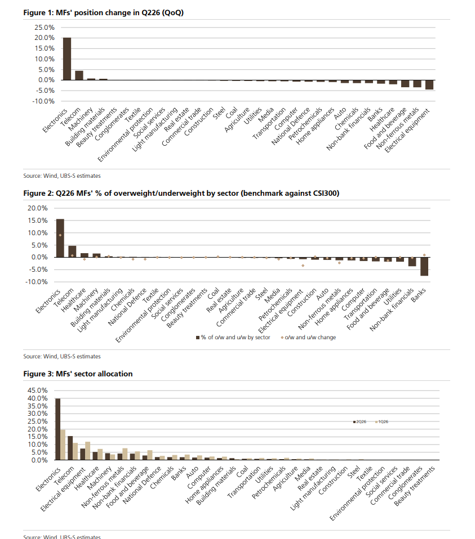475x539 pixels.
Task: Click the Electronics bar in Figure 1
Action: point(67,59)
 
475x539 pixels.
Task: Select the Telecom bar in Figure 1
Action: point(79,75)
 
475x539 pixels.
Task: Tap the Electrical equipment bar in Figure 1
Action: point(429,84)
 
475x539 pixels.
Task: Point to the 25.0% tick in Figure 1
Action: point(44,28)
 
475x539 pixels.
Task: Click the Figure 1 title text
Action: point(103,13)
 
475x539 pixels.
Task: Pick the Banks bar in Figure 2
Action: point(424,267)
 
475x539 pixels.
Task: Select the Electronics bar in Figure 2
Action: point(60,238)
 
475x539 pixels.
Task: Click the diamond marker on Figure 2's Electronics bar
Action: point(60,235)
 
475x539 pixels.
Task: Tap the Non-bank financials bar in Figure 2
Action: point(412,262)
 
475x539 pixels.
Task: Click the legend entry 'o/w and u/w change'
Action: point(308,338)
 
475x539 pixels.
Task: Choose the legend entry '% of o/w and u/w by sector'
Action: point(233,338)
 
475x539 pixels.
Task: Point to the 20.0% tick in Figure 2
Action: point(38,208)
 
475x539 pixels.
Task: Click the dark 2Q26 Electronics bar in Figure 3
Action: point(58,429)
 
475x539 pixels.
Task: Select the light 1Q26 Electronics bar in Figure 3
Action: point(63,444)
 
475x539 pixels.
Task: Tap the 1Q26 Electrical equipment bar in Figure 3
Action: point(87,451)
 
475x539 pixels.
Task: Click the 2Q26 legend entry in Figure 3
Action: point(359,422)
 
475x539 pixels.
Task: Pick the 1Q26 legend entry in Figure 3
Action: point(381,422)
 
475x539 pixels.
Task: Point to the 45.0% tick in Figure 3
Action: point(38,390)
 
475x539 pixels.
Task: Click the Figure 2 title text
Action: point(181,193)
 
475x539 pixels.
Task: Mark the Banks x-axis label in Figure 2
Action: point(419,295)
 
